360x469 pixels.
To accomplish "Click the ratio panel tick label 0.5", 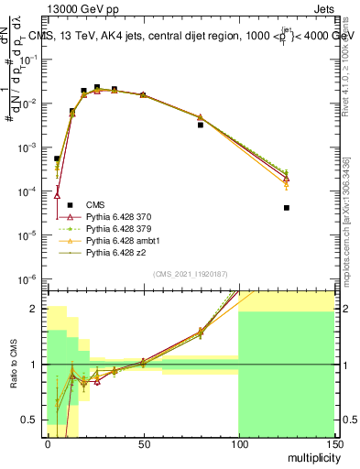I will (31, 420).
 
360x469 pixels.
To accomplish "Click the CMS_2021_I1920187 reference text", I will (191, 274).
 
